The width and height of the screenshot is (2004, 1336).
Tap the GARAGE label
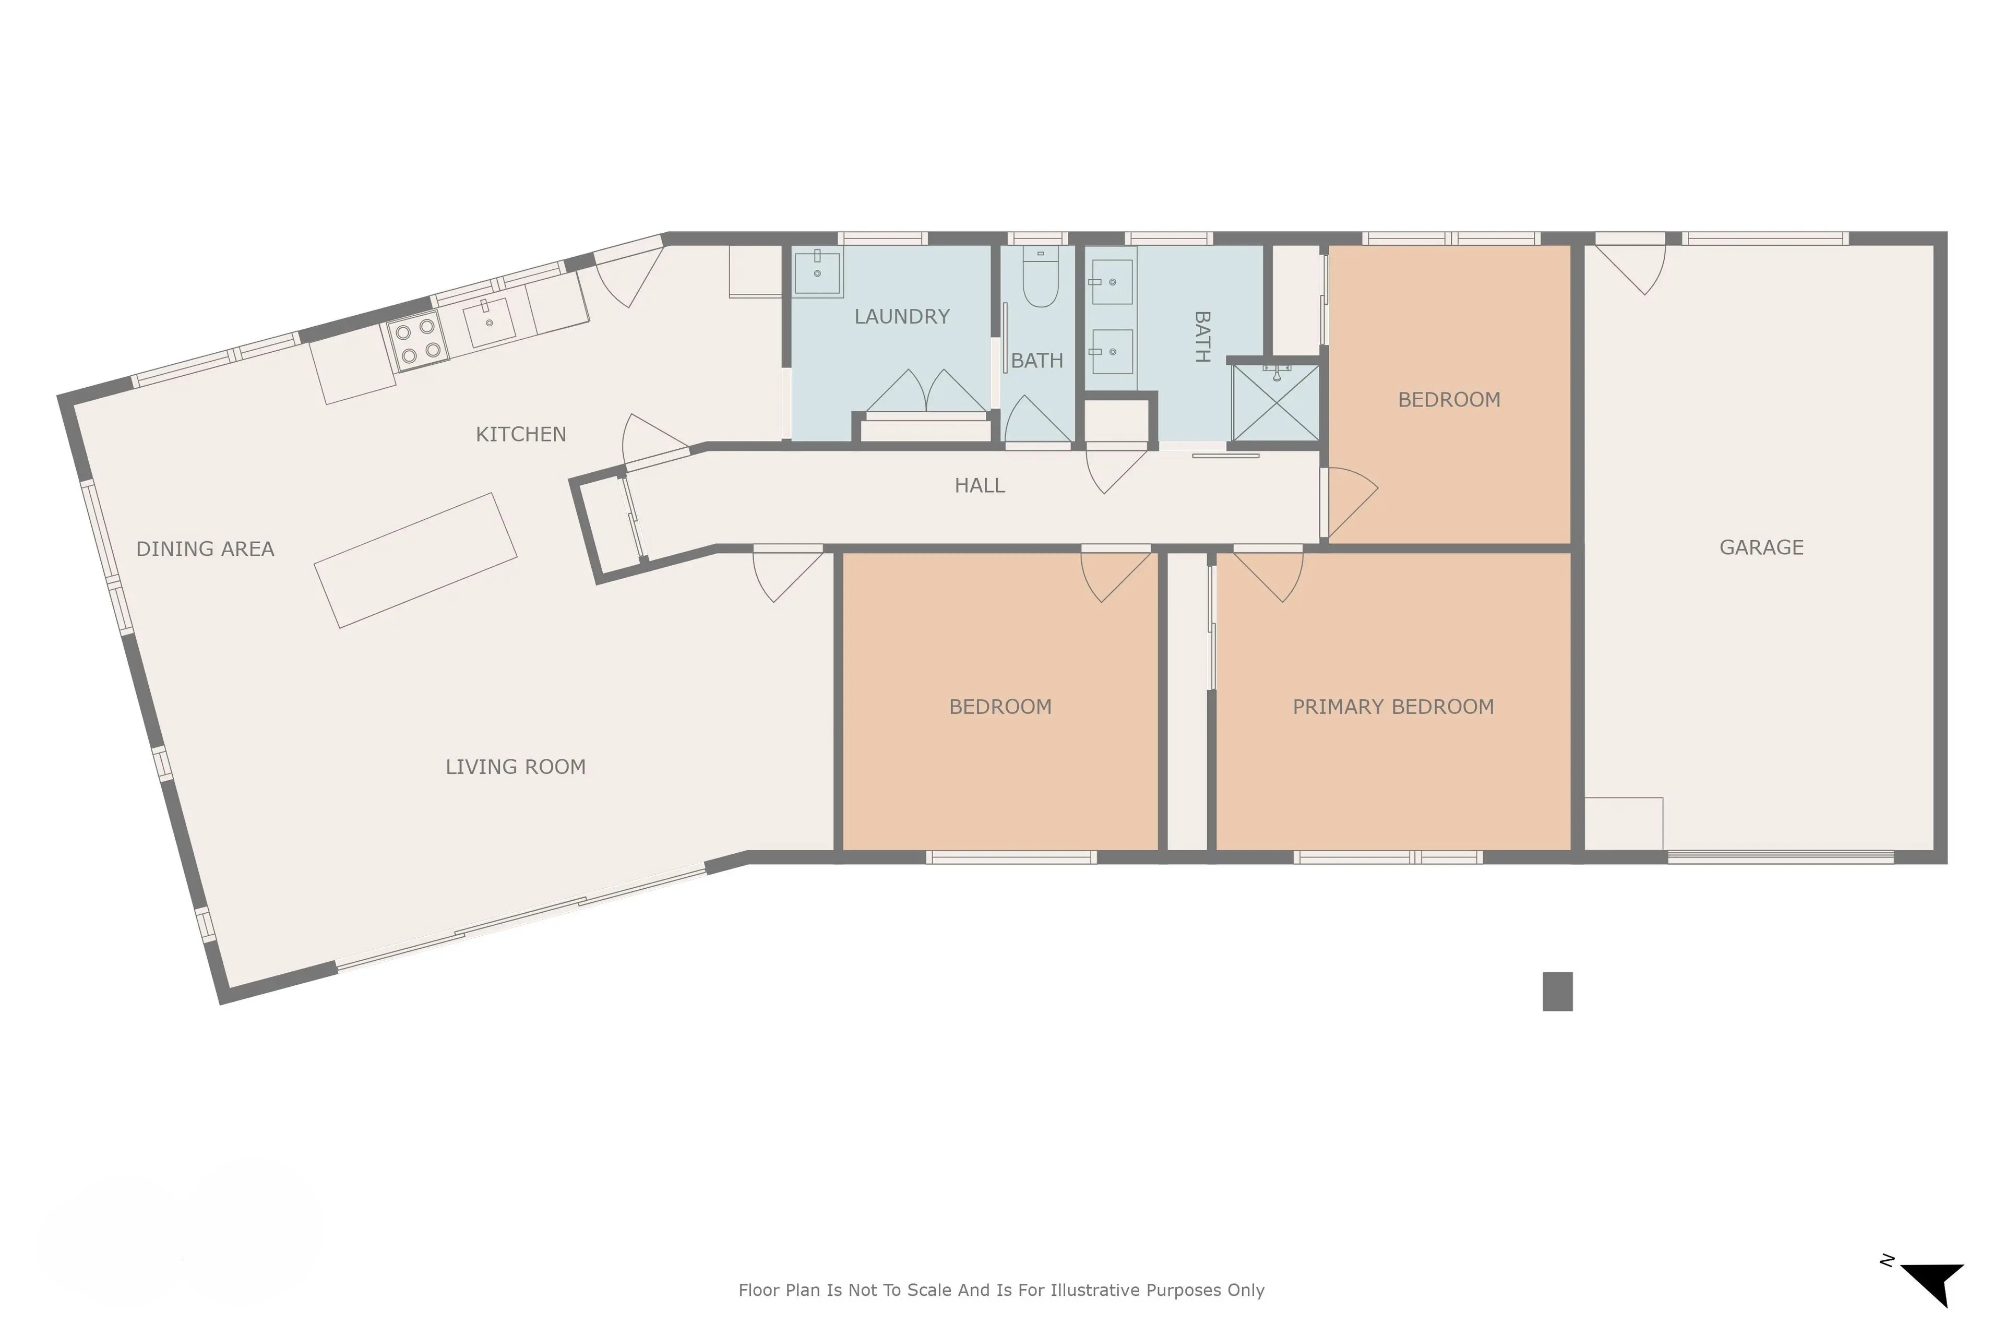1761,548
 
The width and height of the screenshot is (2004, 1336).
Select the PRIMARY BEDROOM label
1393,707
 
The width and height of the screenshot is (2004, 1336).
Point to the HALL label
980,486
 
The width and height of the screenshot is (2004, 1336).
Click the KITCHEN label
521,435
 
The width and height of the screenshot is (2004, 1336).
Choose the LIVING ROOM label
516,767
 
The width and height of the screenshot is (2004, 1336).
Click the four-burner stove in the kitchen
417,341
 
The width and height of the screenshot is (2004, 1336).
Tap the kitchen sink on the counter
489,322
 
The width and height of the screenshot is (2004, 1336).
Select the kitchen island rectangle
416,560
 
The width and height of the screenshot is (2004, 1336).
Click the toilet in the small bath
1040,277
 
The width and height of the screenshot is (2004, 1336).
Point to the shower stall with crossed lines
1275,403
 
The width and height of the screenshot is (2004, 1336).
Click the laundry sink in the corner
817,272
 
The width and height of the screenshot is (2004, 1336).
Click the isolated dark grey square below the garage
1557,992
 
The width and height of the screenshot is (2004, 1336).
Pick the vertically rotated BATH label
1201,338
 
